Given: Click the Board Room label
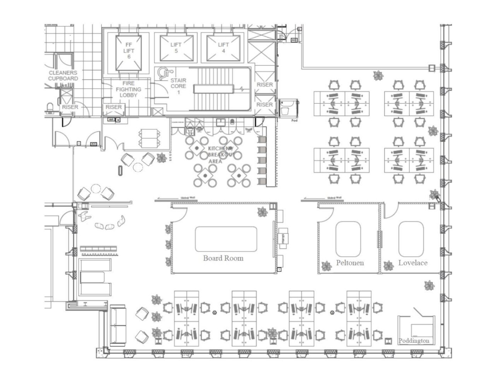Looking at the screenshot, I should [x=223, y=258].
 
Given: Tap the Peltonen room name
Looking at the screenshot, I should [x=350, y=263].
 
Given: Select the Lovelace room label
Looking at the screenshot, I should [x=413, y=263].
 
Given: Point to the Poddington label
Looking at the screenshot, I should [x=414, y=341].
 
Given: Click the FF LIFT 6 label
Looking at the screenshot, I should [x=129, y=51].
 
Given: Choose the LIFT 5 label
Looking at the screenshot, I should [x=176, y=48].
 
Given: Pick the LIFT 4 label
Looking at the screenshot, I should [x=223, y=48].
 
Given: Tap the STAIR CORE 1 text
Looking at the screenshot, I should [x=179, y=86].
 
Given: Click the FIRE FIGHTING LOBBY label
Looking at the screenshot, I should [x=128, y=89].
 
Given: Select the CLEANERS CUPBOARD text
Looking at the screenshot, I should [x=63, y=75].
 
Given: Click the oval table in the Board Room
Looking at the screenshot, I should [x=226, y=239].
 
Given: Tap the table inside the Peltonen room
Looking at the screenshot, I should [x=348, y=239].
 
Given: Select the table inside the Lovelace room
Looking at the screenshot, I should [x=411, y=239].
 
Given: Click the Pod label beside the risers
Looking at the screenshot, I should [x=294, y=120].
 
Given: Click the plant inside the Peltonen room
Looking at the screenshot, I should [x=326, y=266].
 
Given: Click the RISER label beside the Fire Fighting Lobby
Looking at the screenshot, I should [x=113, y=107].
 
